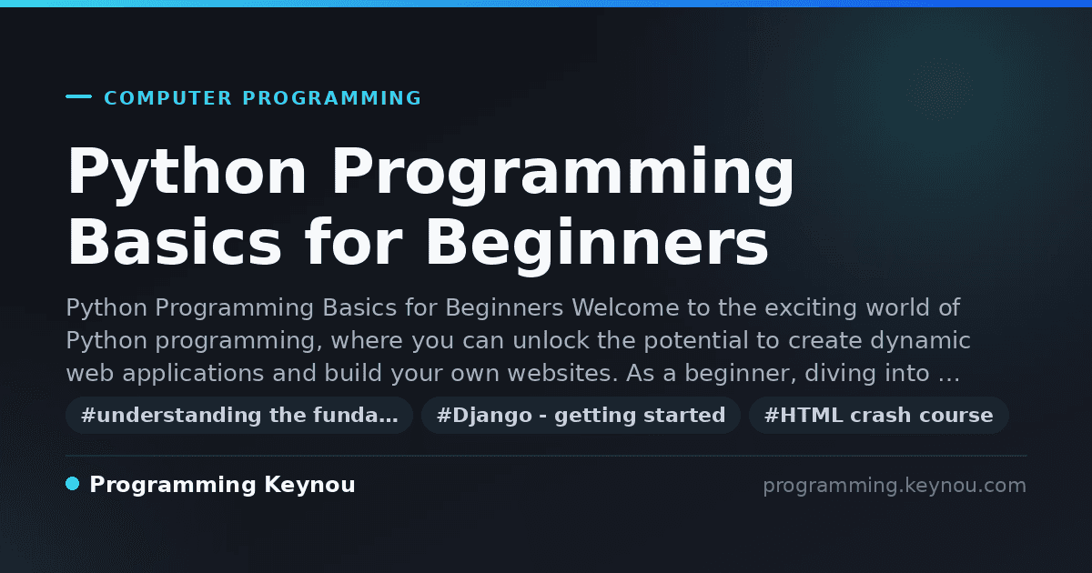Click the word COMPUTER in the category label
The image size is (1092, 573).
click(167, 98)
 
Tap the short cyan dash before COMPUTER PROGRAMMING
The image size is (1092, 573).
click(78, 96)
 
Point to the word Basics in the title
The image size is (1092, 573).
click(174, 242)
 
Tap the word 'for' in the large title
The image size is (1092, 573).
click(353, 241)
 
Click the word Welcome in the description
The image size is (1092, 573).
click(625, 307)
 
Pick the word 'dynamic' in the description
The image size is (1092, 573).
click(920, 341)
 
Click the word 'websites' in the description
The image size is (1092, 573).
click(562, 373)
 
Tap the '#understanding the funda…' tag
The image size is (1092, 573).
click(239, 415)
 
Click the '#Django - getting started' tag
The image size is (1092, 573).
click(581, 415)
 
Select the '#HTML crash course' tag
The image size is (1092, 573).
click(878, 415)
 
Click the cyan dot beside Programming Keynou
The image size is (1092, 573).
click(73, 484)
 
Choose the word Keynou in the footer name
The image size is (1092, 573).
click(309, 486)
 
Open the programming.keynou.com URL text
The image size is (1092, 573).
click(895, 487)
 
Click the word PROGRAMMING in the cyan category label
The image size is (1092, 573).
click(331, 98)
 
